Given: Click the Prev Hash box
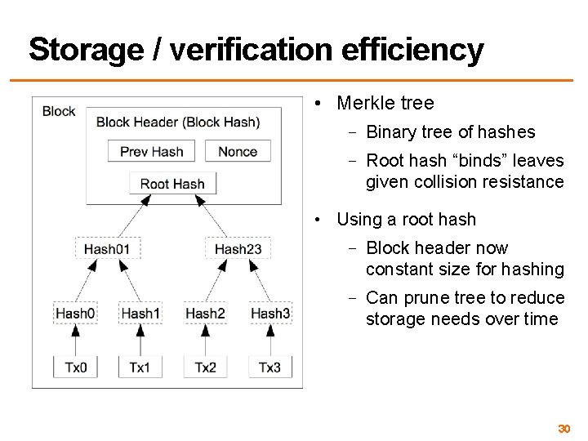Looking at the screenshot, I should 152,151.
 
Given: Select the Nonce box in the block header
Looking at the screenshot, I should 238,151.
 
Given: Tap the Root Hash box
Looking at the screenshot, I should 172,184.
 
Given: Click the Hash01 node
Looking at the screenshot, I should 107,248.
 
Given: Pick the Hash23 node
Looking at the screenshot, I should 238,248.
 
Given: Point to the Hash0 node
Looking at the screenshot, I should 75,313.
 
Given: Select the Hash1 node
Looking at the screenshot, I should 140,313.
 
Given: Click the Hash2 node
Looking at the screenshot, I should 205,313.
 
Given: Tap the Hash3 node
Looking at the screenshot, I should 270,313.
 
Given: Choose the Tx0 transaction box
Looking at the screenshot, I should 75,367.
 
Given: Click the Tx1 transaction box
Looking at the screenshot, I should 140,367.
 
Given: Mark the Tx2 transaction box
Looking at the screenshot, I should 205,367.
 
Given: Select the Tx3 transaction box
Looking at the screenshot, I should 270,367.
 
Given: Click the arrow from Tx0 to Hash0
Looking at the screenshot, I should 75,340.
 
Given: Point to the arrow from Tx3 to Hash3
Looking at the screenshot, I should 270,340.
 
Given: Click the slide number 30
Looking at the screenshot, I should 563,429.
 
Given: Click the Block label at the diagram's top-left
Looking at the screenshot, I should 59,111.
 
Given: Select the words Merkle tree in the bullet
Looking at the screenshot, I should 385,104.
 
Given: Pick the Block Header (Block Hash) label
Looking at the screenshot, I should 178,122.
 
